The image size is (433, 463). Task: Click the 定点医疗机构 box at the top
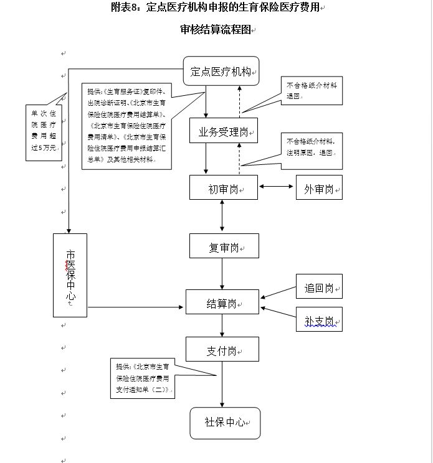pos(221,72)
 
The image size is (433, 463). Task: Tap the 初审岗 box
pos(223,187)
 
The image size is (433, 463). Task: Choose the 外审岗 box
pos(319,187)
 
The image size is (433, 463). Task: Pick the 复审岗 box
pos(223,246)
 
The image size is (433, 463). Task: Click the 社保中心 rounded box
pos(224,423)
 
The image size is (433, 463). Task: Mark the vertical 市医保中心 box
pos(70,274)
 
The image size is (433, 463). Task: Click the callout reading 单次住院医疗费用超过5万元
pos(43,131)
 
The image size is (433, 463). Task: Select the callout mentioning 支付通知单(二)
pos(142,378)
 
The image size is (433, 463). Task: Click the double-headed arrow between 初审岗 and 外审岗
pos(277,186)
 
